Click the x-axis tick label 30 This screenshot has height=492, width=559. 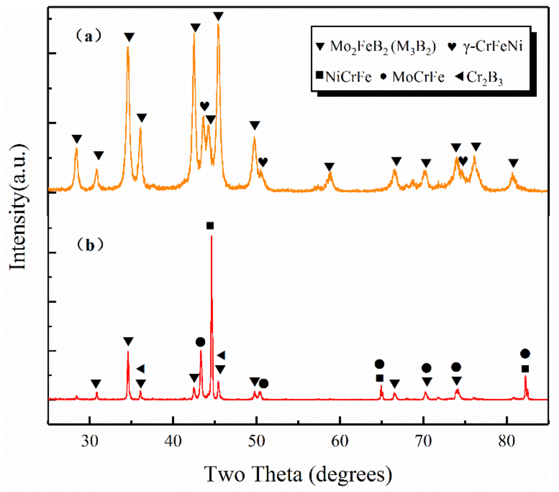pyautogui.click(x=90, y=441)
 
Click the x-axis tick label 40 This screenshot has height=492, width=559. pyautogui.click(x=173, y=441)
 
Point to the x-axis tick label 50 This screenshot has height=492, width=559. pyautogui.click(x=256, y=441)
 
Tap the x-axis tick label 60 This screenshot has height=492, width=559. pyautogui.click(x=340, y=441)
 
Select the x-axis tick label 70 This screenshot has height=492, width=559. pyautogui.click(x=423, y=441)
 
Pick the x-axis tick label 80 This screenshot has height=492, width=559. pyautogui.click(x=507, y=441)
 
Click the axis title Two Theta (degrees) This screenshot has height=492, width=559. pyautogui.click(x=298, y=474)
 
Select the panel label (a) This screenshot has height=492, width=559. pyautogui.click(x=89, y=37)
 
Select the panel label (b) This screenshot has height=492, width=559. pyautogui.click(x=90, y=245)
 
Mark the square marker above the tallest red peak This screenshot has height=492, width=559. pyautogui.click(x=210, y=225)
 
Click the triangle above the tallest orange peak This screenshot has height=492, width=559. pyautogui.click(x=219, y=16)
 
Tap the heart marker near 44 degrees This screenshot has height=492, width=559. pyautogui.click(x=204, y=106)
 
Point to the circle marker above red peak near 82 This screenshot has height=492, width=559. pyautogui.click(x=525, y=353)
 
